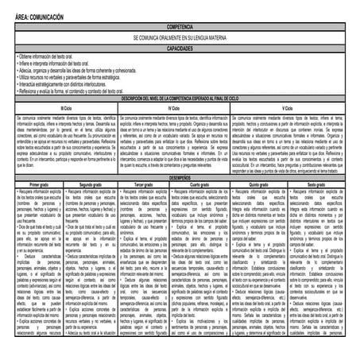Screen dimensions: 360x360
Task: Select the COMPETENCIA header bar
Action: (180, 26)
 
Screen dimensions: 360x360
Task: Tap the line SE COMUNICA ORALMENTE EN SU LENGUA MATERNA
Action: (180, 37)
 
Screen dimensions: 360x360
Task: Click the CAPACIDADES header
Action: (180, 48)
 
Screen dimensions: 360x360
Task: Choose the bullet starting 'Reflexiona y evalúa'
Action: (79, 87)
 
